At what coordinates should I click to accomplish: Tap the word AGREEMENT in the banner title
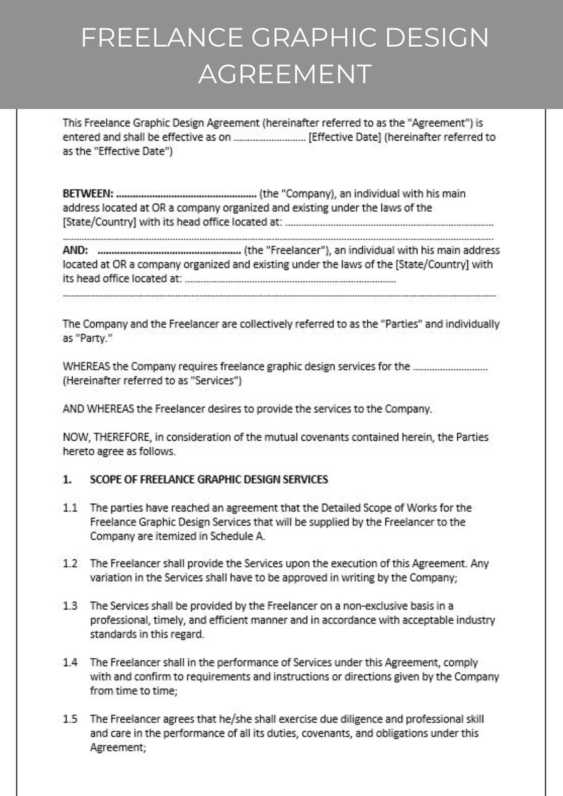click(285, 74)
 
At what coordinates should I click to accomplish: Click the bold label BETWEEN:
click(88, 194)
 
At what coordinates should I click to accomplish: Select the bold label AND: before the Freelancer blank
click(75, 250)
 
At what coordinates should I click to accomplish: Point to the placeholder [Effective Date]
click(345, 137)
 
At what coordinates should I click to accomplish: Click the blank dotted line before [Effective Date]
click(270, 138)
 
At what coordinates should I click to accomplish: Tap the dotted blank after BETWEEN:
click(186, 195)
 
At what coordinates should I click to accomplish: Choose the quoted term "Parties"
click(401, 324)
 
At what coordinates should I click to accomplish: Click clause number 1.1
click(70, 508)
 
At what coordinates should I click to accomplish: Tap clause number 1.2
click(70, 564)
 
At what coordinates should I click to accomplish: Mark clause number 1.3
click(70, 606)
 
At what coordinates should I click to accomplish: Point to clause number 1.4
click(70, 662)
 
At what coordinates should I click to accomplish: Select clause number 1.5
click(70, 719)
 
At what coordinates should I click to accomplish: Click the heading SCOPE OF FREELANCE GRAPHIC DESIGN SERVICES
click(209, 479)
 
